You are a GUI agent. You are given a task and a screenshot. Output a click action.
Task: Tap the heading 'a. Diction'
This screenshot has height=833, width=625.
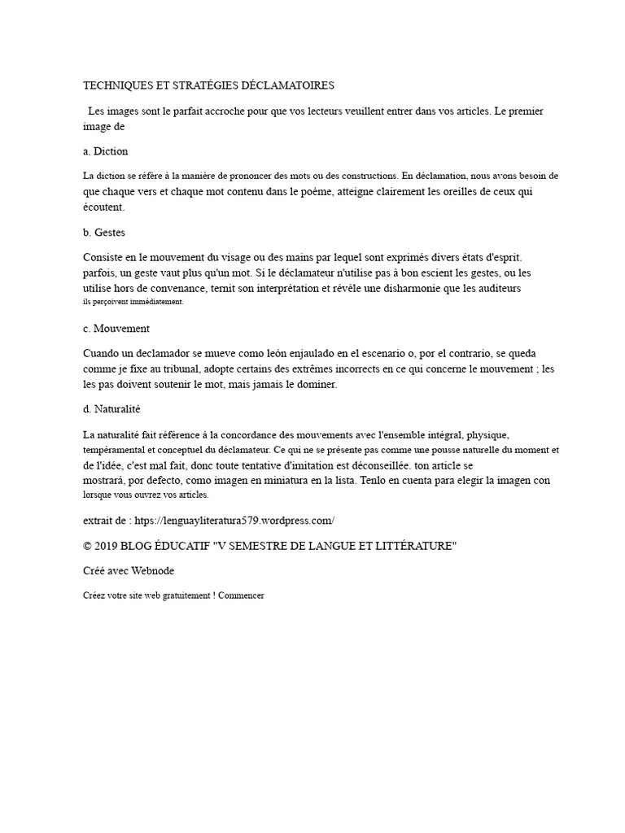tap(106, 151)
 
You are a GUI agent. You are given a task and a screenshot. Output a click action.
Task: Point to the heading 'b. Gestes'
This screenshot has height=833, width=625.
tap(104, 233)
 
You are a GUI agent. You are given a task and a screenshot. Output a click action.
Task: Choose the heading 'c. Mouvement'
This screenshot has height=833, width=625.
tap(116, 329)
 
